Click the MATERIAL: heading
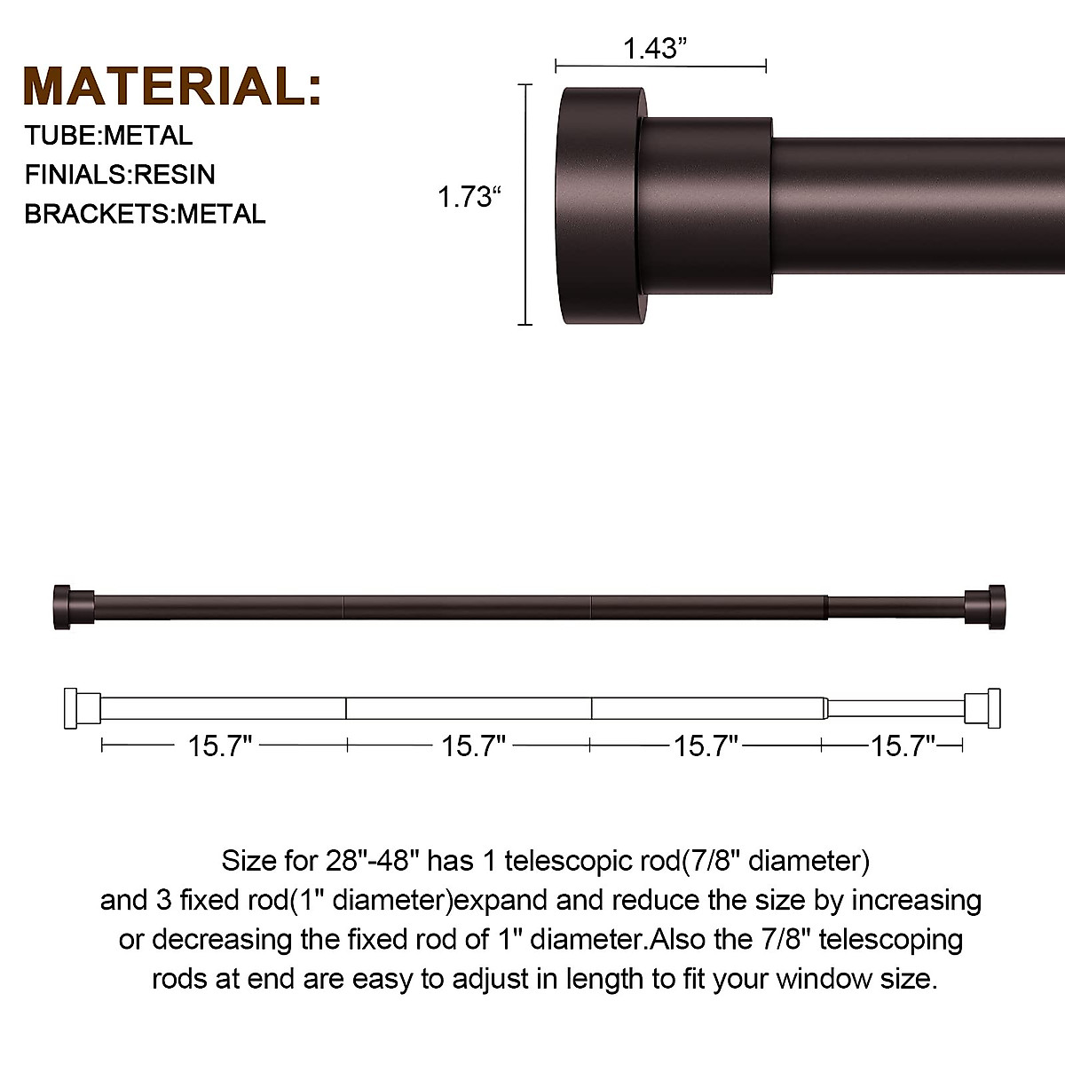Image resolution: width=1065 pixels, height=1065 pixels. [172, 86]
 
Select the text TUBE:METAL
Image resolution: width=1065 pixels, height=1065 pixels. [108, 136]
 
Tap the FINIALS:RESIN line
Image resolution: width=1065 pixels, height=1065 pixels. [120, 174]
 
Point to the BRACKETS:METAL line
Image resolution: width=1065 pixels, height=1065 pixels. [145, 214]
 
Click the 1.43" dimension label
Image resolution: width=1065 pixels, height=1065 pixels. [656, 48]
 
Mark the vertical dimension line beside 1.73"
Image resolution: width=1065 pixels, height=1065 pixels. [525, 204]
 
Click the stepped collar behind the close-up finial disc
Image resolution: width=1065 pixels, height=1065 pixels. [706, 205]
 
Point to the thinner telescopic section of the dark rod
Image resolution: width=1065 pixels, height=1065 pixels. [895, 608]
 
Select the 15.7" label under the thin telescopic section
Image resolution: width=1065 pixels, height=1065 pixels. [903, 746]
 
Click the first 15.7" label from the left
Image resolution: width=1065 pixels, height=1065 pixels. [220, 746]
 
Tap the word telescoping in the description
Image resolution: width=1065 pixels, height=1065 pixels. [890, 939]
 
